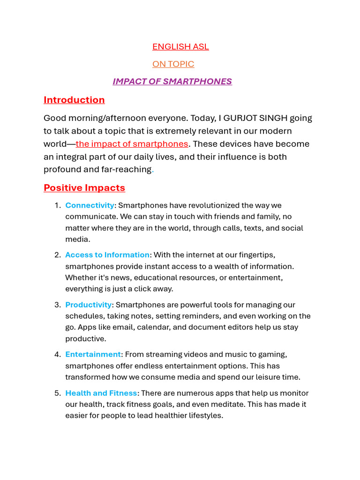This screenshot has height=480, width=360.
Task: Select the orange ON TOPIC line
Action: (x=173, y=64)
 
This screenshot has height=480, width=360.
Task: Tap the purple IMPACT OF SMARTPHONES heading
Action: (x=172, y=81)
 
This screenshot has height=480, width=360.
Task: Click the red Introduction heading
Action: (x=74, y=100)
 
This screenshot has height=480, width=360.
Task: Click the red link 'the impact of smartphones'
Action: (x=132, y=144)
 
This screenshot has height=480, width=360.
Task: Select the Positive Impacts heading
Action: (x=84, y=188)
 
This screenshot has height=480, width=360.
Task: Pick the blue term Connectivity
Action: (x=90, y=205)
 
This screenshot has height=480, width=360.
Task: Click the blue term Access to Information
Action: (x=107, y=255)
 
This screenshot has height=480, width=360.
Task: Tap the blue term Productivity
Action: (x=89, y=305)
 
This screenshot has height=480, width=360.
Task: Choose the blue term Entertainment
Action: (x=93, y=354)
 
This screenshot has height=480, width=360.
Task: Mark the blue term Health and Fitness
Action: (x=101, y=393)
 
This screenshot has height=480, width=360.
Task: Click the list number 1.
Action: (x=57, y=205)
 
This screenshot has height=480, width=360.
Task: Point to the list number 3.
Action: (x=57, y=305)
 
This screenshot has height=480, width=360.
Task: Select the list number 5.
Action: (x=57, y=393)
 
